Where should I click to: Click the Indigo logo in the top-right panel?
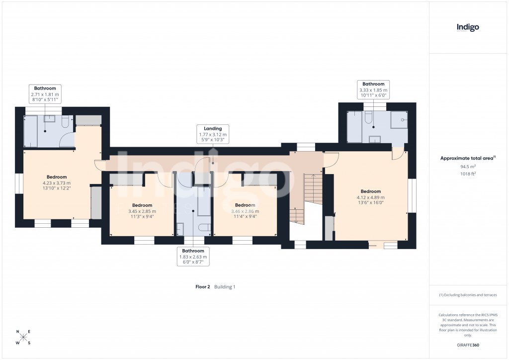(468, 28)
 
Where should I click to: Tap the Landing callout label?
(213, 134)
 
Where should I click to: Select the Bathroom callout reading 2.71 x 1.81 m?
(45, 94)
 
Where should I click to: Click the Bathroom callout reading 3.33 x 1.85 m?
(373, 90)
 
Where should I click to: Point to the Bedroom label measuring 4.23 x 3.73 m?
(57, 182)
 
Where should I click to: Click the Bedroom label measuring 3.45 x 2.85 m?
(142, 211)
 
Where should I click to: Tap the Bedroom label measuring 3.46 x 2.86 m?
(245, 211)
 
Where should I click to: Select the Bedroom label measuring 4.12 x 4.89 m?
(371, 197)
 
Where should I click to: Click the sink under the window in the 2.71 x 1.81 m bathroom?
(49, 118)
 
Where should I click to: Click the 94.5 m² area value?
(468, 167)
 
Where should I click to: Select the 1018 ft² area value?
(468, 174)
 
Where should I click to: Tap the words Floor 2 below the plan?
(203, 287)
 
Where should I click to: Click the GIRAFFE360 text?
(468, 345)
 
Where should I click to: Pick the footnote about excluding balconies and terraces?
(468, 295)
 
